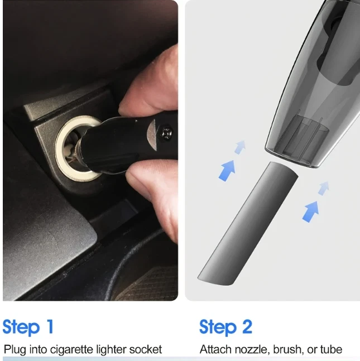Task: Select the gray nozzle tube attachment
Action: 248,223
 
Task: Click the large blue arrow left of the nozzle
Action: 227,171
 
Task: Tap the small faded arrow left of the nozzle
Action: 240,147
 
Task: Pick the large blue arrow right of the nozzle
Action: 311,212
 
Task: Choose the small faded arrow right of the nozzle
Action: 324,189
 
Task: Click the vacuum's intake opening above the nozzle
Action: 297,157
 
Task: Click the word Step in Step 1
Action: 21,327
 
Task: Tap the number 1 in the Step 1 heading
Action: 50,326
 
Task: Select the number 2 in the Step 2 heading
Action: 247,326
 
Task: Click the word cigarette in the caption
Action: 71,350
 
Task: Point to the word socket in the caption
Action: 145,349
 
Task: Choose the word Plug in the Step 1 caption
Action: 15,350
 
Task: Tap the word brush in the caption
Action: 287,350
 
